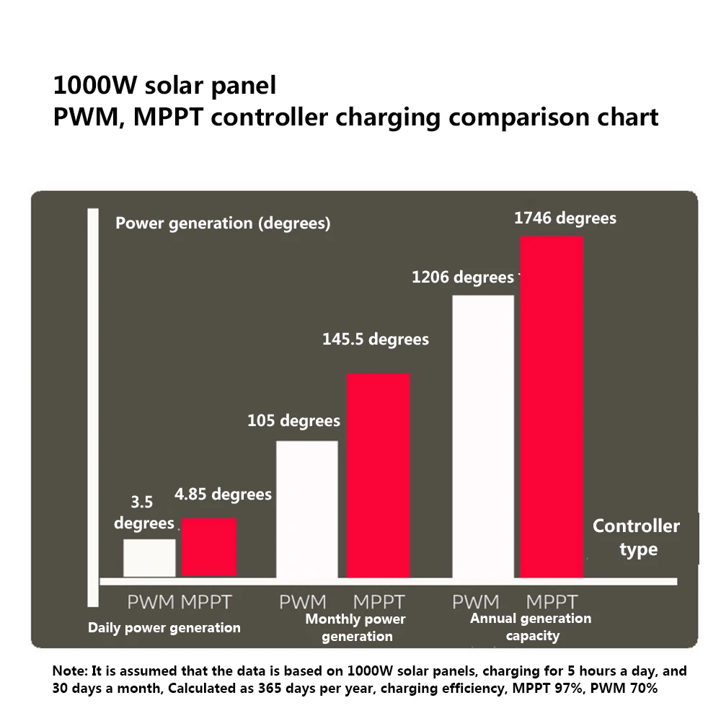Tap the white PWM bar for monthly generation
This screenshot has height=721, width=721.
point(307,508)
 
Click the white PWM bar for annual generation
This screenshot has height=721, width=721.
point(483,435)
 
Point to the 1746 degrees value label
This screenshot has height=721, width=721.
point(565,218)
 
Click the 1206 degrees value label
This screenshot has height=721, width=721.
point(462,278)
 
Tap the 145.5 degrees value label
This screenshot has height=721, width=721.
point(375,339)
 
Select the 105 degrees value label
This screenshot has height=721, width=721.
point(293,420)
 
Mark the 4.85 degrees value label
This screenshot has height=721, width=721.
point(223,495)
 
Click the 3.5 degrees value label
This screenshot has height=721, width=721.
point(144,513)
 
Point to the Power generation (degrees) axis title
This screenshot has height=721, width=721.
point(223,224)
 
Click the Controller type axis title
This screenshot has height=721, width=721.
point(637,537)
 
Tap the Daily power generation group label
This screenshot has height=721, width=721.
point(164,628)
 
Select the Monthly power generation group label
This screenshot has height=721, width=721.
point(356,627)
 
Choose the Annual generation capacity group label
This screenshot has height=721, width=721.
point(531,627)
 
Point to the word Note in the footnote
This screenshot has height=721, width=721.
point(70,671)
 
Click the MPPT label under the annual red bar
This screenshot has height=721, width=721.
point(552,601)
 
